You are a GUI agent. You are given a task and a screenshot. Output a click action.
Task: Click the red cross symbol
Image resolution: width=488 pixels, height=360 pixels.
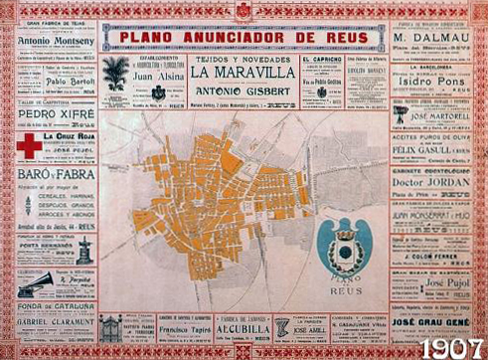(30, 146)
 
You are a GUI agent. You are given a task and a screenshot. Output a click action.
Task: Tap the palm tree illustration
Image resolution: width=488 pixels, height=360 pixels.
(116, 74)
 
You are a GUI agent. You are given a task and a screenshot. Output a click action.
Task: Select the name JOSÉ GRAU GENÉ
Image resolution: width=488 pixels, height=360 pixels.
(430, 322)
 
